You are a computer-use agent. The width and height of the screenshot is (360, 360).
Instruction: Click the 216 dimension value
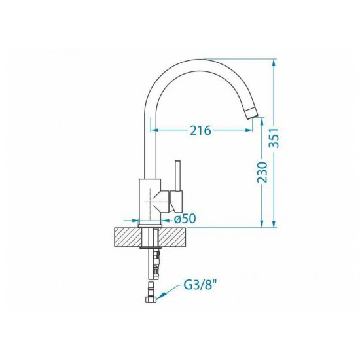pos(200,130)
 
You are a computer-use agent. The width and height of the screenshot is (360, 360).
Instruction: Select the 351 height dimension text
pos(274,137)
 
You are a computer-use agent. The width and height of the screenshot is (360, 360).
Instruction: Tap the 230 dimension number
pos(262,172)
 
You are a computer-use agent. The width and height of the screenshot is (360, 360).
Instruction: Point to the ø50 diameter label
pos(185,219)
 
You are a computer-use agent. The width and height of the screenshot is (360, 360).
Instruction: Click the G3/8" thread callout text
pos(200,285)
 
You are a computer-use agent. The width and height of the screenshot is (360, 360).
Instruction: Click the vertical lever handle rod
pos(178,175)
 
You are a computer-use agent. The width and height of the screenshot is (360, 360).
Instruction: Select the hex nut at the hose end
pos(151,299)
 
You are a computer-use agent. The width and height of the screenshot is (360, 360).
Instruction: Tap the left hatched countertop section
pos(127,237)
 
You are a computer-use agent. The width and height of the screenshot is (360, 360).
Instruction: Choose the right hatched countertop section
pos(173,237)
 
